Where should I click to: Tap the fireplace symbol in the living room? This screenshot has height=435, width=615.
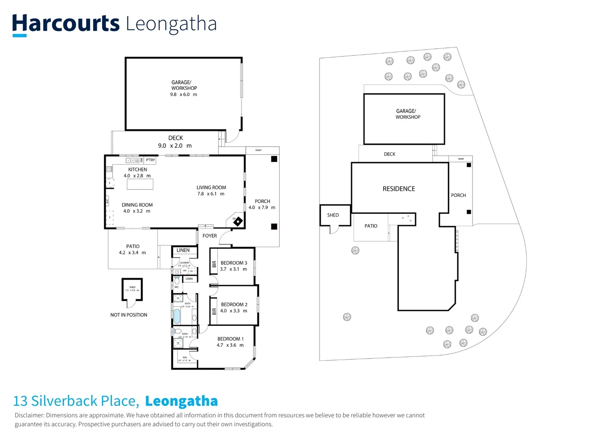[238, 221]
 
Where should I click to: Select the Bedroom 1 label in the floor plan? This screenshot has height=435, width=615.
[230, 339]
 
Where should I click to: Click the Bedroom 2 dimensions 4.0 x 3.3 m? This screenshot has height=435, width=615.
[233, 311]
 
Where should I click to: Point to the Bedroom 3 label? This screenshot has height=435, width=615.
[234, 263]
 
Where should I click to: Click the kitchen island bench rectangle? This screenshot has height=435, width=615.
[140, 184]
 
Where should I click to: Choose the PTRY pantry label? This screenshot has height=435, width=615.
[150, 160]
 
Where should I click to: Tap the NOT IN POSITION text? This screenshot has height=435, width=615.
[129, 315]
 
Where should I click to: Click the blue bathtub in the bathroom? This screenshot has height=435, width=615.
[177, 316]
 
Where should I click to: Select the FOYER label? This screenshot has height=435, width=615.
[210, 236]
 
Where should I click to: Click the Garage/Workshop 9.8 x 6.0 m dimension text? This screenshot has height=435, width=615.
[184, 95]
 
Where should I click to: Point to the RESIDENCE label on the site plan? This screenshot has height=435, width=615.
[398, 188]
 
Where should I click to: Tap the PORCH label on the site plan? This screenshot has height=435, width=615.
[458, 195]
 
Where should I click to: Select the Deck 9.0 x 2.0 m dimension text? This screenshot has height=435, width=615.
[175, 146]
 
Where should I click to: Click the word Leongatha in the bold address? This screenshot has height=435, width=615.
[181, 401]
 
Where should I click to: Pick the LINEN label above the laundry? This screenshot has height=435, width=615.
[183, 250]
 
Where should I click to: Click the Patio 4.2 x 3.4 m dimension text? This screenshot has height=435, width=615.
[132, 253]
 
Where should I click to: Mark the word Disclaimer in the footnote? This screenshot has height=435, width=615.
[29, 415]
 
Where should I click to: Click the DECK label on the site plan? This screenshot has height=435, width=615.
[389, 154]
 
